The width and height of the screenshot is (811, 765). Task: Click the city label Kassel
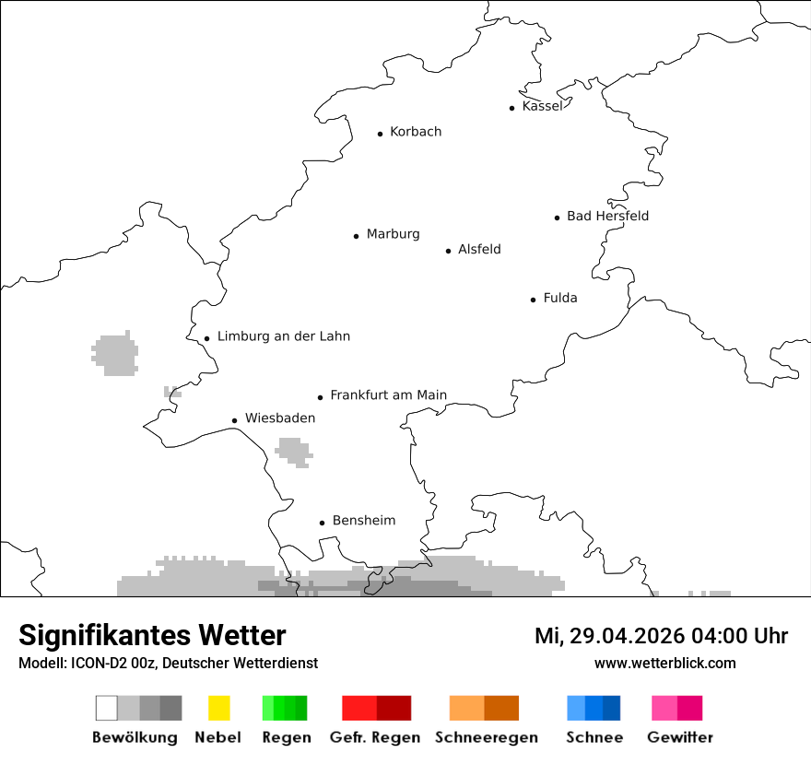coord(542,106)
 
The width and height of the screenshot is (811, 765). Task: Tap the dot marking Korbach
coord(380,134)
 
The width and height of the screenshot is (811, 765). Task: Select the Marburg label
coord(393,234)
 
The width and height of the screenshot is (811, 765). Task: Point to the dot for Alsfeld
coord(449,251)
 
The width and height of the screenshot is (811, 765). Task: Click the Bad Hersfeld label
coord(607,216)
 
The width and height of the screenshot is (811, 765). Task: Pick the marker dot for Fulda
coord(534,300)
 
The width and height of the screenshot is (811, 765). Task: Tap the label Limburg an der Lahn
coord(284,336)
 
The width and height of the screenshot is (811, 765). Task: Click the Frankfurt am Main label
coord(388,395)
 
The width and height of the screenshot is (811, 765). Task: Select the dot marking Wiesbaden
coord(235,420)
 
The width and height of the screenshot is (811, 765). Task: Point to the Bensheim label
coord(364,521)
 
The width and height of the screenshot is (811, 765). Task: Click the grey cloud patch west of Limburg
coord(115,354)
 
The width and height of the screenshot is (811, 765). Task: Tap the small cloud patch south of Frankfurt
coord(295,452)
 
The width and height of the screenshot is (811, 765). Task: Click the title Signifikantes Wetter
coord(152,635)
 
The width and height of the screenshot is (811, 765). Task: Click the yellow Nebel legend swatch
coord(218,708)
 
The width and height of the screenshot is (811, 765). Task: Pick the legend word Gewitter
coord(680,737)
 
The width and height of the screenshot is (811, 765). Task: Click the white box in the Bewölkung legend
coord(107,708)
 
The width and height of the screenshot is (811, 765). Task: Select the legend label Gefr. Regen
coord(375,737)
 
